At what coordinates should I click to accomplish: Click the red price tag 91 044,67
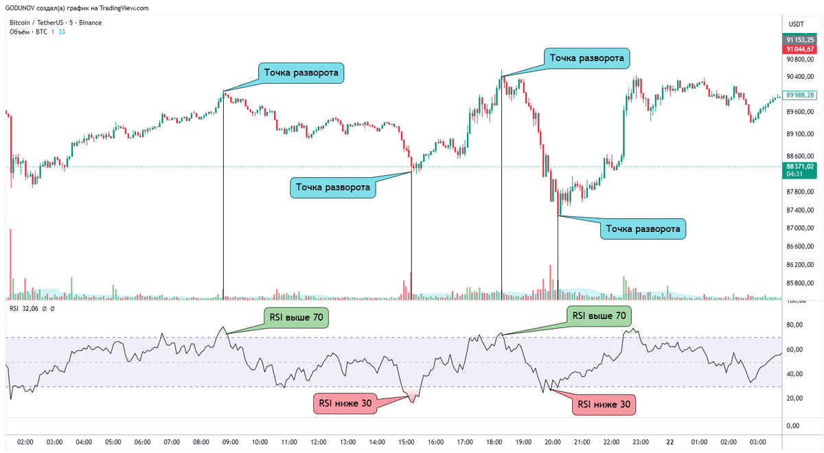[801, 49]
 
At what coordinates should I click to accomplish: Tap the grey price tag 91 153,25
[801, 40]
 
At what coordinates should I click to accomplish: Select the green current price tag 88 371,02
[801, 166]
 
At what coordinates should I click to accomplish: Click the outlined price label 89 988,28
[801, 95]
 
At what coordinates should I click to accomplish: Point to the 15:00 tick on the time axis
[407, 441]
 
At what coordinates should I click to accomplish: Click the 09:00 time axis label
[230, 441]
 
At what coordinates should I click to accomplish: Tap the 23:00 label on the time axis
[641, 441]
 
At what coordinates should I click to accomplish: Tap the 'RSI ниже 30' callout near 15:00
[345, 403]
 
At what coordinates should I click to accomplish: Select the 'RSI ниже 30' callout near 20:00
[604, 404]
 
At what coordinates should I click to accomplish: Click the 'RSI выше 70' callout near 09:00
[296, 317]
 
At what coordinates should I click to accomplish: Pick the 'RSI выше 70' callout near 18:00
[599, 316]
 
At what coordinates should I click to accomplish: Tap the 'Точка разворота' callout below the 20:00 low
[643, 229]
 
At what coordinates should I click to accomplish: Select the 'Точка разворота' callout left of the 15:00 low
[333, 187]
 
